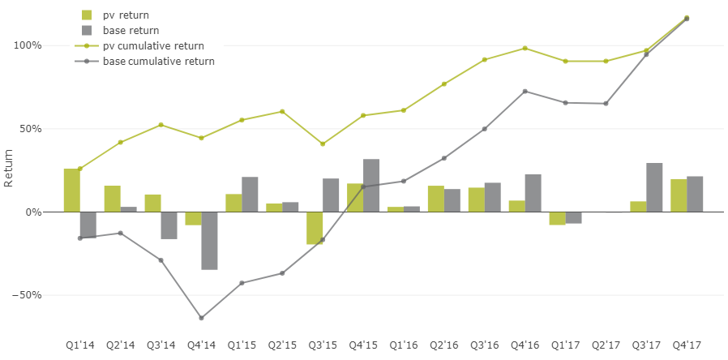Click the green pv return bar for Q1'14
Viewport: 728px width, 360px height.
tap(71, 190)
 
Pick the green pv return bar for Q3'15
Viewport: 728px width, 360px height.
tap(315, 227)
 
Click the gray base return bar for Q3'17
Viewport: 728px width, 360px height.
tap(654, 187)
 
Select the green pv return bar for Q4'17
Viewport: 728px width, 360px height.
tap(679, 195)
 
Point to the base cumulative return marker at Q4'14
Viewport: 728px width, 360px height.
tap(201, 318)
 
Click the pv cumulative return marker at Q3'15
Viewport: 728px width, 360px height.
tap(323, 144)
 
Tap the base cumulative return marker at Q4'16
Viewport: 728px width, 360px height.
tap(525, 91)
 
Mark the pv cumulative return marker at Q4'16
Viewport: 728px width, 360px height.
tap(525, 48)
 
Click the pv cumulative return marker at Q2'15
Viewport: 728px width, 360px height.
tap(282, 111)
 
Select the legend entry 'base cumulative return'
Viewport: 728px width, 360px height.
tap(158, 61)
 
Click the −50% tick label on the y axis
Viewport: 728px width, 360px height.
tap(24, 295)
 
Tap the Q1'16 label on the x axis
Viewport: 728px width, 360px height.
tap(404, 345)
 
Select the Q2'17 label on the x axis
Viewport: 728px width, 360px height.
tap(606, 345)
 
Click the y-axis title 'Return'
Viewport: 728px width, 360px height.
tap(9, 168)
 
